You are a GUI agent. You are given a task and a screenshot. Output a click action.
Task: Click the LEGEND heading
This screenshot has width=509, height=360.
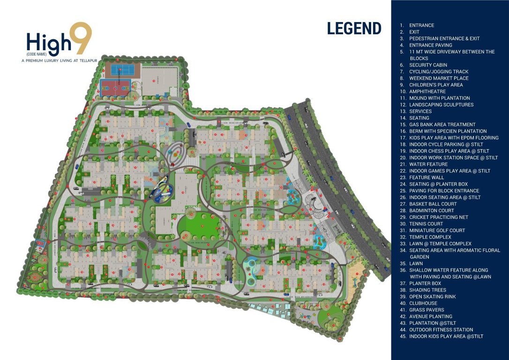354,28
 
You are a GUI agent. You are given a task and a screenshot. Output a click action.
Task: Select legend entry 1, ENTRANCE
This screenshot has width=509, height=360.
421,25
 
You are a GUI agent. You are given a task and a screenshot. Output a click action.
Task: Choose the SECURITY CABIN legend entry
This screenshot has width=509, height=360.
428,65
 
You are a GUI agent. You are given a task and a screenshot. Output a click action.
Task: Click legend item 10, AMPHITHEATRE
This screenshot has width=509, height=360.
427,91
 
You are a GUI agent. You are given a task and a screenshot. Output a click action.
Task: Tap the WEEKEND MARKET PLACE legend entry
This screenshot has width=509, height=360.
439,78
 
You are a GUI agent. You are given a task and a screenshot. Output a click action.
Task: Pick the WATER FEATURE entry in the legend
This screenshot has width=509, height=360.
428,165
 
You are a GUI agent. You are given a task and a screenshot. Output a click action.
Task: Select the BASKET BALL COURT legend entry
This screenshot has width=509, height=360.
433,204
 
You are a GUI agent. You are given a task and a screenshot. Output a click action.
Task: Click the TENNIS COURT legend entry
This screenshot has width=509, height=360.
426,224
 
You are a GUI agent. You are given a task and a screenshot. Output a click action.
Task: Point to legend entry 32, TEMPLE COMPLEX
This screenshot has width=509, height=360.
430,237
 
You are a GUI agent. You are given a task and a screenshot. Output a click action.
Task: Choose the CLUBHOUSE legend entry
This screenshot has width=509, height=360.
423,303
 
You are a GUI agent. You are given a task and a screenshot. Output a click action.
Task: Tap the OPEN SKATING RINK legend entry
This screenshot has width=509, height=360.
432,297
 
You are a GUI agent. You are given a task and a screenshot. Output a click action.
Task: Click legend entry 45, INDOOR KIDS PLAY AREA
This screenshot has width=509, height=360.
446,336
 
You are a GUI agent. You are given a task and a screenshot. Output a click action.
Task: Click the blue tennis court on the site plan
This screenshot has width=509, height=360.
121,70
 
